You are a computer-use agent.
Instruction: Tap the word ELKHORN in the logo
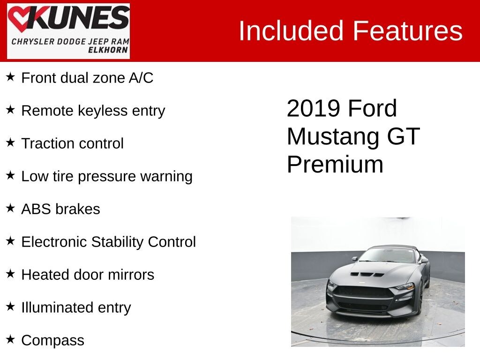(108, 50)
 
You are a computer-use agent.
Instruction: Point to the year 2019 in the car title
(314, 108)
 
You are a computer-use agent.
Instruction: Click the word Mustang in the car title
(333, 137)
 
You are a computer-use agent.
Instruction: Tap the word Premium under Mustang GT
(335, 165)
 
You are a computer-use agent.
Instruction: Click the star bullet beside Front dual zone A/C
(10, 76)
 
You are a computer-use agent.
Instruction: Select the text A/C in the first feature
(141, 78)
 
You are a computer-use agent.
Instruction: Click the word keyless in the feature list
(103, 111)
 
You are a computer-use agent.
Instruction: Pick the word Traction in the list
(45, 143)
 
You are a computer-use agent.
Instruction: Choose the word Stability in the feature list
(117, 242)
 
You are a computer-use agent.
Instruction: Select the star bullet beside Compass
(10, 339)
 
